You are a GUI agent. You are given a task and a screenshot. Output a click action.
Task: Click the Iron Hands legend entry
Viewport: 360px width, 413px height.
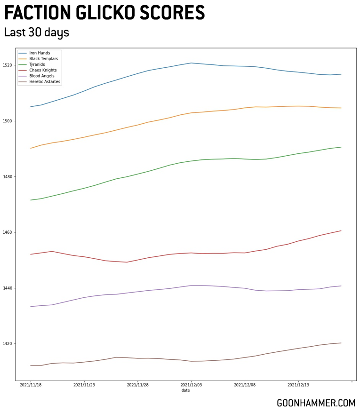point(40,53)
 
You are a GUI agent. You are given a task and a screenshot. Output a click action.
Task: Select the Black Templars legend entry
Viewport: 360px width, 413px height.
point(43,59)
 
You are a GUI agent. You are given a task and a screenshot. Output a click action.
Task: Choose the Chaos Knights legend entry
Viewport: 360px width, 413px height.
point(43,70)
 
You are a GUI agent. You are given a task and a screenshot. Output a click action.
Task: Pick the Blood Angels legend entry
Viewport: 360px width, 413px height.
point(41,76)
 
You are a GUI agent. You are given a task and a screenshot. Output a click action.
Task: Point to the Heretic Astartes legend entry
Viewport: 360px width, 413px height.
point(45,81)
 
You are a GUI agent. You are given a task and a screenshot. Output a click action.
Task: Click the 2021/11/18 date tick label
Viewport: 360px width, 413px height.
point(31,385)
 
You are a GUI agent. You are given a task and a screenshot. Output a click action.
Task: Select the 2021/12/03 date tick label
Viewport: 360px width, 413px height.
point(191,385)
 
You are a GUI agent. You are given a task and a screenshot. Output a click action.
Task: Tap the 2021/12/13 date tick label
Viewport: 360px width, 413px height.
point(298,385)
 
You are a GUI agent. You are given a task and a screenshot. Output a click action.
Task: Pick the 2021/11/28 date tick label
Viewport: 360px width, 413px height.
point(138,385)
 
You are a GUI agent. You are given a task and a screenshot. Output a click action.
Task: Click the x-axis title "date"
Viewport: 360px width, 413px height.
point(185,390)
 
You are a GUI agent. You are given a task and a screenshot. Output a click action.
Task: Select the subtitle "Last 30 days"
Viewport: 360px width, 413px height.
point(37,32)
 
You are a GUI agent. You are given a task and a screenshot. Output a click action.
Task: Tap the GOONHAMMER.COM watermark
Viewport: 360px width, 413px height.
point(316,403)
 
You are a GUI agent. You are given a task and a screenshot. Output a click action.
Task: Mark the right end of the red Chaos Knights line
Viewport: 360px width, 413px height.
point(341,230)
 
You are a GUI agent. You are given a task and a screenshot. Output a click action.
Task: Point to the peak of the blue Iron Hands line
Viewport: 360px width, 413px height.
point(191,63)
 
